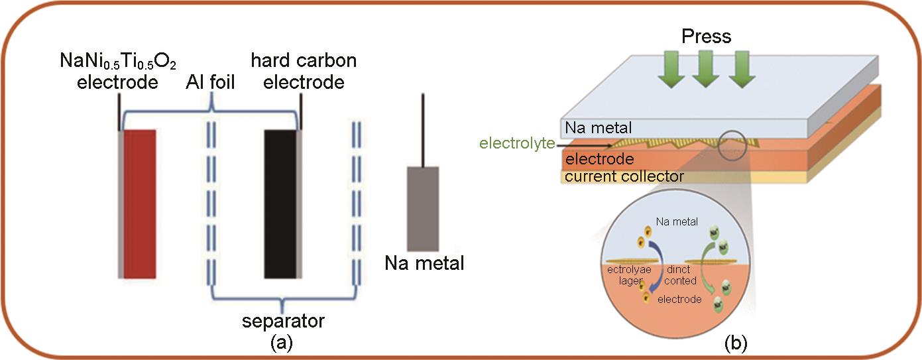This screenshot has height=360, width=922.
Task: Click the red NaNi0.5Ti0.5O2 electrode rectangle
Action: coord(139,204)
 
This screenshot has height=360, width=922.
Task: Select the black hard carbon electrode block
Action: coord(280,204)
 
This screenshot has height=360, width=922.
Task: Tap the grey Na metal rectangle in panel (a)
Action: coord(423,208)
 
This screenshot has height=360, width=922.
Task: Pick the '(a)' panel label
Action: coord(282,343)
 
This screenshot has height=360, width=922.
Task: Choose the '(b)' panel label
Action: coord(736,343)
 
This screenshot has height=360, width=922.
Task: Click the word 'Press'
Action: coord(707,36)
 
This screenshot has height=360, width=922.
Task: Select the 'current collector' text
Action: coord(622,176)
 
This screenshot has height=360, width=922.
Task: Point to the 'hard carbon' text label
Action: coord(304,61)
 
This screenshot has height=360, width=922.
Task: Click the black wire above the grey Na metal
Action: coord(423,129)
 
